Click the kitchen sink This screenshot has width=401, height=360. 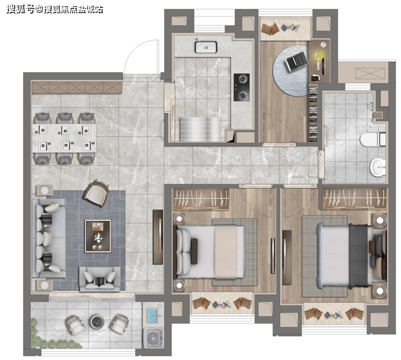[x=206, y=47]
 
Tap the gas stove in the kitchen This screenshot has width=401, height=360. [x=241, y=87]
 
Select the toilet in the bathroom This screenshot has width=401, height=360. [x=373, y=139]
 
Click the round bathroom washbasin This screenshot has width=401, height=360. [x=378, y=167]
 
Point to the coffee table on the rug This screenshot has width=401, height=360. [x=98, y=236]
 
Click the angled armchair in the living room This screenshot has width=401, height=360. [x=96, y=193]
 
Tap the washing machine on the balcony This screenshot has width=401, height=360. [x=153, y=338]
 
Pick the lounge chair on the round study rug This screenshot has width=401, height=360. [x=296, y=61]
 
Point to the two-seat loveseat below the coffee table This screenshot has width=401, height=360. [x=100, y=279]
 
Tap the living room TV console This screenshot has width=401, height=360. [x=158, y=237]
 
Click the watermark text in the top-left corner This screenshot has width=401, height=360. [x=55, y=10]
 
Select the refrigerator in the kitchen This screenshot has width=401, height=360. [x=200, y=129]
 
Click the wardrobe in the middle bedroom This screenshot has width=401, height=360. [x=200, y=199]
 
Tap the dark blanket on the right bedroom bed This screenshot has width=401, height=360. [x=358, y=256]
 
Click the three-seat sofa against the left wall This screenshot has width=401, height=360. [x=49, y=238]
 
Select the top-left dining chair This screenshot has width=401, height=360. [x=43, y=118]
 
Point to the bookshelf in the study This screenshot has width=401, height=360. [x=313, y=114]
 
